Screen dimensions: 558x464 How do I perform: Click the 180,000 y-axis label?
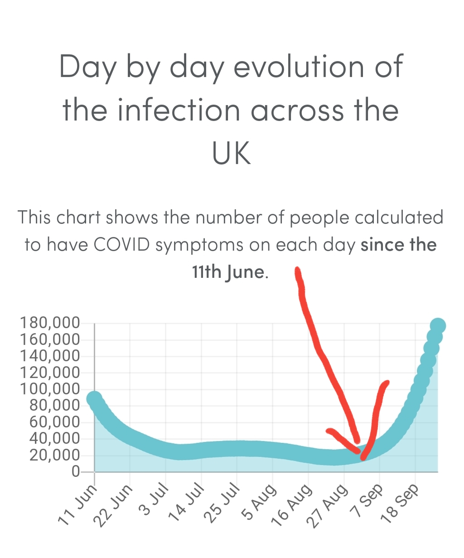click(50, 323)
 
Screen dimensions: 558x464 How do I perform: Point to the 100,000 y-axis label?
click(50, 389)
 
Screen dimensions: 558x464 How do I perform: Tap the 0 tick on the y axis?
click(76, 472)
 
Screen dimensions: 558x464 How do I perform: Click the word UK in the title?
click(231, 154)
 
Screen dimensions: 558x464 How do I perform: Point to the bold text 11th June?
click(227, 272)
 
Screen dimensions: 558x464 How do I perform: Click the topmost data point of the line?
click(438, 325)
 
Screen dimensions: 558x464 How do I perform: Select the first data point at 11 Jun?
click(94, 399)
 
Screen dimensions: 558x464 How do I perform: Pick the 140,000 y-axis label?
click(50, 356)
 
